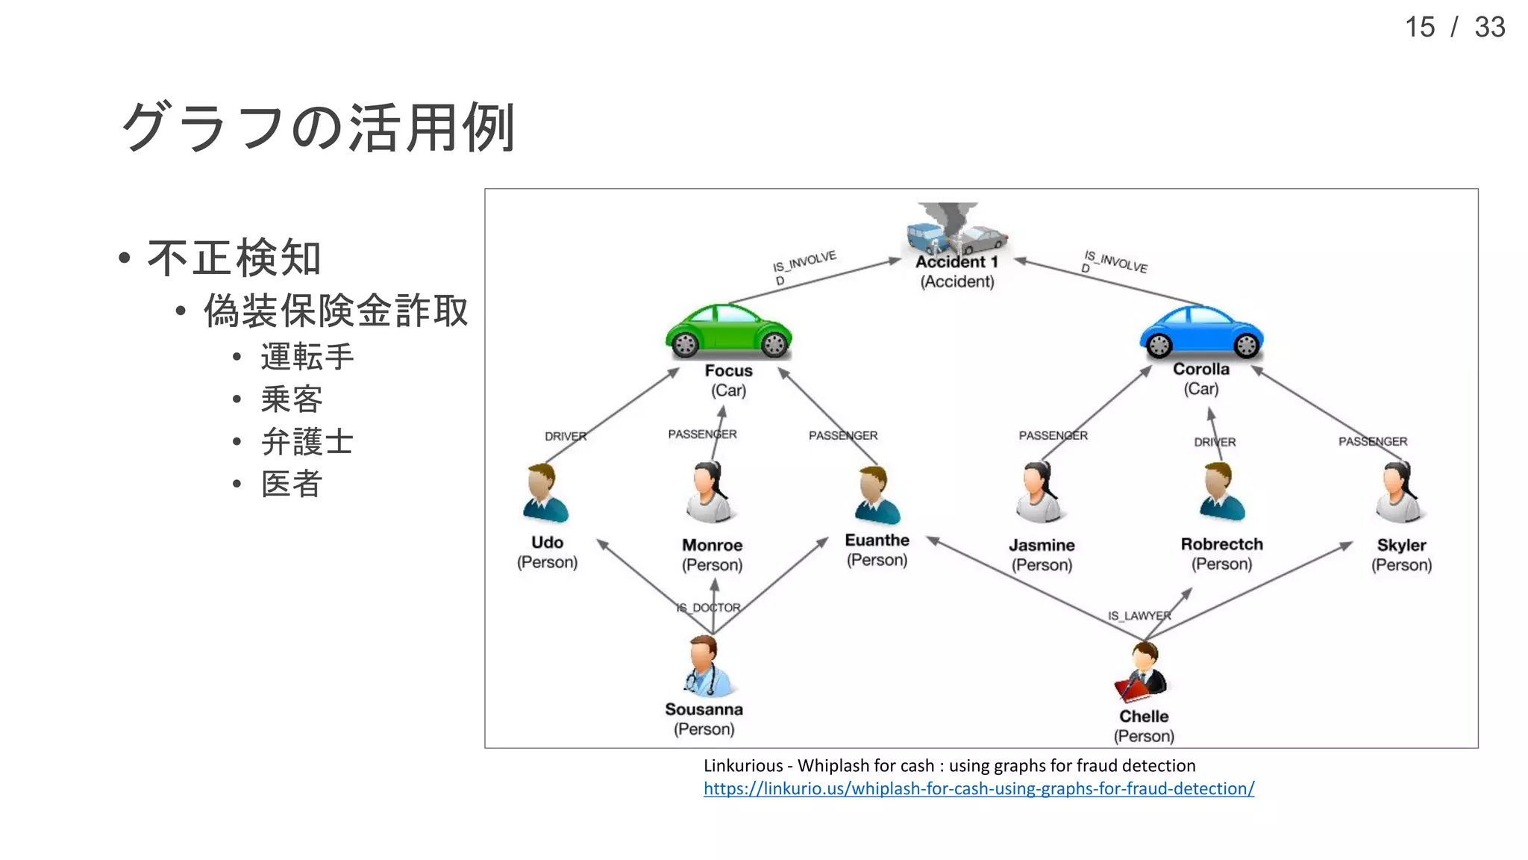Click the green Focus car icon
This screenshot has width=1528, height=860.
[728, 331]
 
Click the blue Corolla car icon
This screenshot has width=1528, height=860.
[1201, 331]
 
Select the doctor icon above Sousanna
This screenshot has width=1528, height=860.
[704, 666]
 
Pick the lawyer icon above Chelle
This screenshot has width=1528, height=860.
[1142, 672]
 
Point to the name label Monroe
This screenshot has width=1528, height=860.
[712, 545]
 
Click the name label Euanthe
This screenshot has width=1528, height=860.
[877, 540]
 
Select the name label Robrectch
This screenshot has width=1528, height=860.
[1221, 544]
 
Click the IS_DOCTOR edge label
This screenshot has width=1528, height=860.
[708, 608]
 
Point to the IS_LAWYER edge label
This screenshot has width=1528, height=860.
[1139, 616]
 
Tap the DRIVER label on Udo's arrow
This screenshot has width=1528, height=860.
[565, 436]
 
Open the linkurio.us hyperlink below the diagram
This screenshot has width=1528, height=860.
[978, 788]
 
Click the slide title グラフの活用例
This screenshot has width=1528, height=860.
[319, 128]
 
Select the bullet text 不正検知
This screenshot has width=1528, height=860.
[234, 258]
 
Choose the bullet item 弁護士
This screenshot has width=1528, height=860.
[307, 441]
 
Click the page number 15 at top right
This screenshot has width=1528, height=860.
[1419, 28]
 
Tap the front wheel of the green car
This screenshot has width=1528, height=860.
[774, 344]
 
